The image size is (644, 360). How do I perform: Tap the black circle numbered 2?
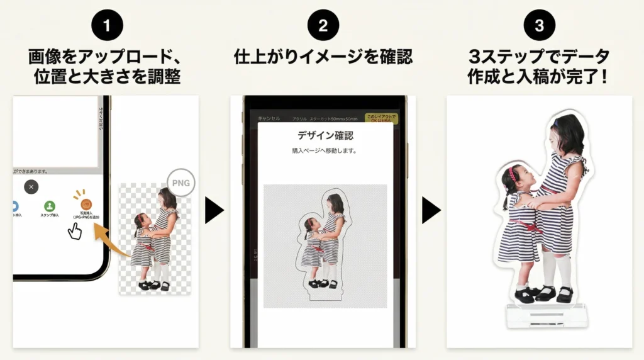pos(323,26)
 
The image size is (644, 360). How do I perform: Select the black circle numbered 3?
pos(538,26)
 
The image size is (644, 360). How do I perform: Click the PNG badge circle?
pos(180,184)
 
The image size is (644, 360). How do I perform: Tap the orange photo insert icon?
pos(86,205)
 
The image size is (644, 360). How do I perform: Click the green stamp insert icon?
pos(49,205)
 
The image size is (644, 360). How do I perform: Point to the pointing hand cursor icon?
pos(75,231)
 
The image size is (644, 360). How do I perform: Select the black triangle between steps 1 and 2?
pos(214,210)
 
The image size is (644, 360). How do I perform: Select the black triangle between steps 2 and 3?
pos(430,210)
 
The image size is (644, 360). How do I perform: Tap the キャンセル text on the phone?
pos(269,118)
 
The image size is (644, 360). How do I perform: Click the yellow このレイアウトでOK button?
pos(379,118)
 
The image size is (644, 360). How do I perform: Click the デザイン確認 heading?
pos(325,135)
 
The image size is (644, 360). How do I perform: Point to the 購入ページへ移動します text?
pos(325,151)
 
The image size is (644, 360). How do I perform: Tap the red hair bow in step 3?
pos(513,174)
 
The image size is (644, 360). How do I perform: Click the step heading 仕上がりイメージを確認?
pos(323,57)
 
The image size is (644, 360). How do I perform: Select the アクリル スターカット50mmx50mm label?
pos(325,118)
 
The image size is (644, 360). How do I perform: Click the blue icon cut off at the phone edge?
pos(15,206)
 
